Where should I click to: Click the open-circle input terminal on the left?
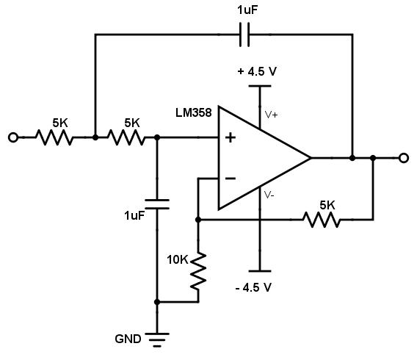point(12,137)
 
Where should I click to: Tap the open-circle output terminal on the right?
point(403,157)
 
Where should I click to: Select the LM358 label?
point(194,113)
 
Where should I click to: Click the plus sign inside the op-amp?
point(230,137)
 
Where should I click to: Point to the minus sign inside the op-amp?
point(230,178)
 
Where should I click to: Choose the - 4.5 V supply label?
point(254,287)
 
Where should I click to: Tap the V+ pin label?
point(271,115)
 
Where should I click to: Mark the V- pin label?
point(269,195)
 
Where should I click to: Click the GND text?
point(128,340)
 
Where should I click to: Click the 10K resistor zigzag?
point(197,270)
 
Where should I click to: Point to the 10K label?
point(177,259)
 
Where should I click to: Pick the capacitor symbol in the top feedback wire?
point(245,34)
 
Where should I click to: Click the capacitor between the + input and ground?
point(156,204)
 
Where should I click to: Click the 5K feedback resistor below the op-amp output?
point(320,218)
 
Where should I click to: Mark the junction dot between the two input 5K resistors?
point(95,137)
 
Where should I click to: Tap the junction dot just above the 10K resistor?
point(197,218)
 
